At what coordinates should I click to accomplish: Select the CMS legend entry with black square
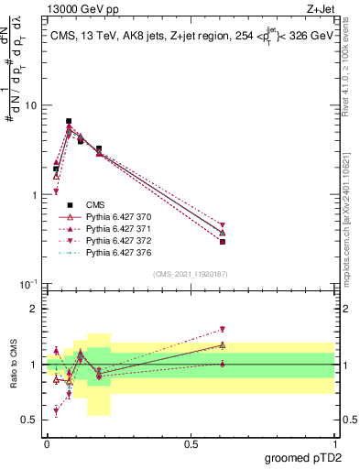94,204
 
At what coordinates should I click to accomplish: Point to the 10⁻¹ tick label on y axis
27,285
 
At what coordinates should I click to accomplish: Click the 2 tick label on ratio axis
36,309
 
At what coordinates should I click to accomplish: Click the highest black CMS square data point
69,121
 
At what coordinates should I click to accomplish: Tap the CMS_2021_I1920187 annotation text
191,274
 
